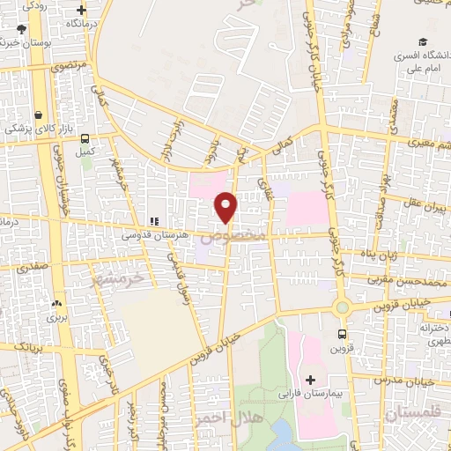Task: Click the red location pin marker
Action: coord(226,208)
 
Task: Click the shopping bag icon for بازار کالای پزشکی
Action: coord(38,115)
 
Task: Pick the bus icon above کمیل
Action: coord(85,138)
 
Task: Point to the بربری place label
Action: coord(57,314)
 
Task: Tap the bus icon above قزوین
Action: coord(343,334)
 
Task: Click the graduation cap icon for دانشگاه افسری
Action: coord(424,42)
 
